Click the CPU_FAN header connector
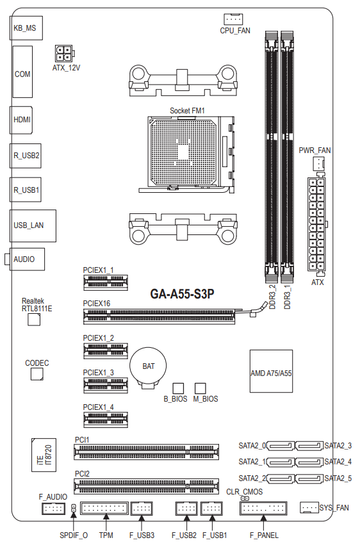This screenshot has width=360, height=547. [x=233, y=19]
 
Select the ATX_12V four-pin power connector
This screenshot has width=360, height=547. [x=65, y=53]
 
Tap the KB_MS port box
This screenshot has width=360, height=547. [x=26, y=28]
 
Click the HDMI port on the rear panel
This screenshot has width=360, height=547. [x=21, y=120]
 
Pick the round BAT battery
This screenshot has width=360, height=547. [x=148, y=366]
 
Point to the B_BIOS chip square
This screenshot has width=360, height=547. [x=178, y=388]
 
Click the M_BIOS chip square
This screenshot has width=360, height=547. [x=200, y=388]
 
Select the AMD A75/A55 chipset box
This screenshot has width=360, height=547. [x=271, y=371]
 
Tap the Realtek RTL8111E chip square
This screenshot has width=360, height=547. [x=34, y=320]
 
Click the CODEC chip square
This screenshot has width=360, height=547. [x=37, y=373]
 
